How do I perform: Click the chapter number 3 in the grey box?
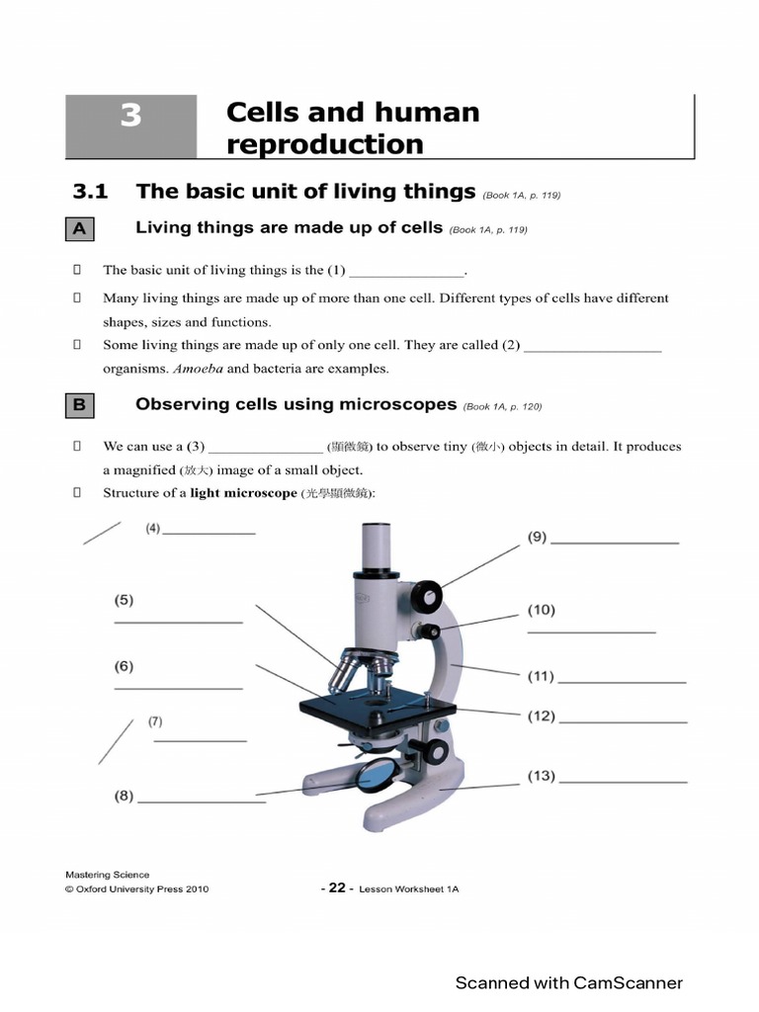[130, 117]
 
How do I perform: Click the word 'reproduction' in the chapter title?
[324, 144]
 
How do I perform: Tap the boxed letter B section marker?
[80, 405]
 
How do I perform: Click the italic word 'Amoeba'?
[199, 369]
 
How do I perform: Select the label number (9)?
[537, 538]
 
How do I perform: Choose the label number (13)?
[541, 776]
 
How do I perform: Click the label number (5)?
[124, 600]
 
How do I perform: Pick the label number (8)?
[124, 796]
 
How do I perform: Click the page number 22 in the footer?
[337, 887]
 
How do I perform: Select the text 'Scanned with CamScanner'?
[568, 982]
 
